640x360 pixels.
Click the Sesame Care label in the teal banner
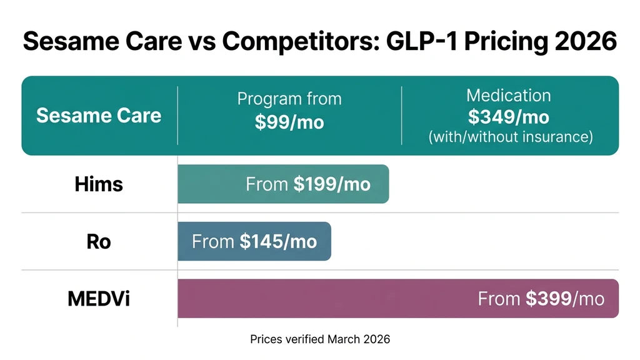click(99, 116)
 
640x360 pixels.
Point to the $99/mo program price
click(289, 122)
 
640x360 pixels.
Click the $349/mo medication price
click(509, 117)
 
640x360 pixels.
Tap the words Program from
click(289, 99)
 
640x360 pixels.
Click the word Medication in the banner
click(509, 96)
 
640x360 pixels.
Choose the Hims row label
click(99, 184)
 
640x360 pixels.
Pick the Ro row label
click(99, 241)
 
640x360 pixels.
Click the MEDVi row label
click(99, 299)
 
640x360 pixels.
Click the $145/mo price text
click(278, 242)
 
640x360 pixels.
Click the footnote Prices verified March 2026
click(320, 339)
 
